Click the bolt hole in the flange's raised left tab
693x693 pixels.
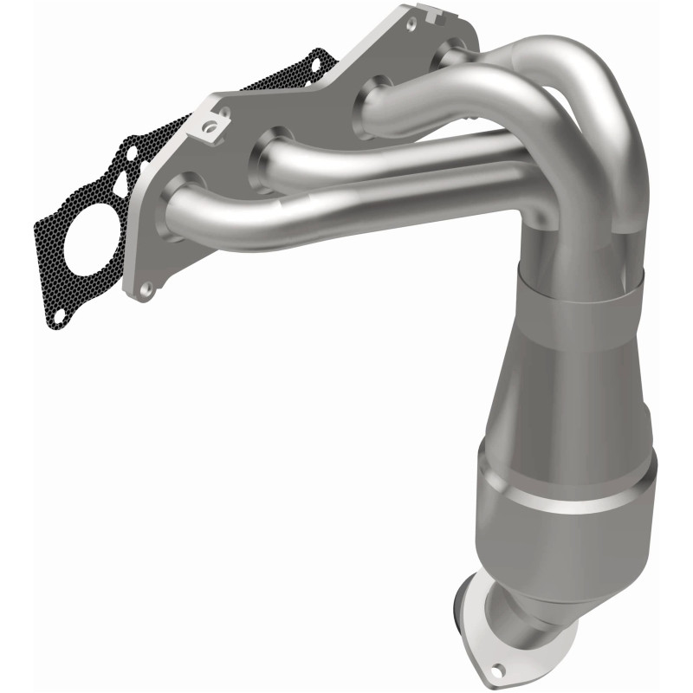tap(209, 127)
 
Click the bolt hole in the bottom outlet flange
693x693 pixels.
tap(498, 670)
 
